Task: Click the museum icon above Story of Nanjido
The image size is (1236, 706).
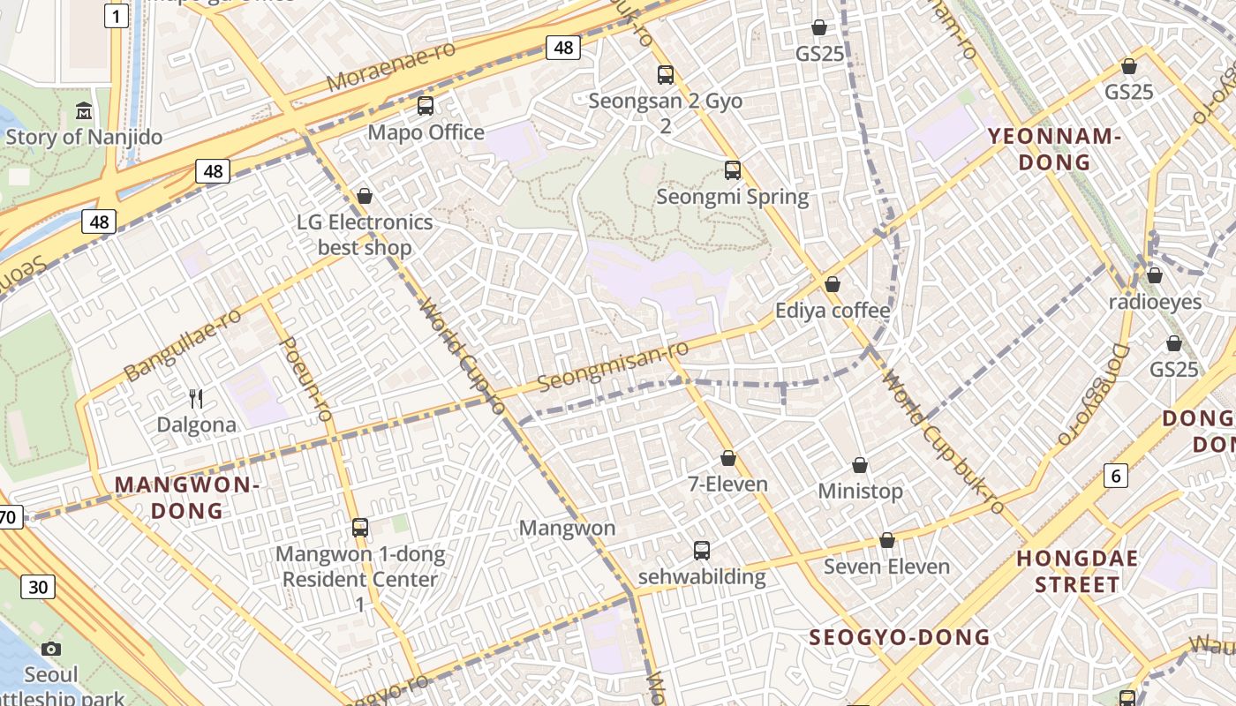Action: [x=84, y=110]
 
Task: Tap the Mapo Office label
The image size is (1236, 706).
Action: [x=426, y=132]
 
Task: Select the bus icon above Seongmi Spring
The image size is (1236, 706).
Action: [x=732, y=170]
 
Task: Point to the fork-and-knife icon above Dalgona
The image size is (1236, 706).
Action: [x=196, y=399]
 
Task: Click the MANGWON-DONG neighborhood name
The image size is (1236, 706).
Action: [x=186, y=498]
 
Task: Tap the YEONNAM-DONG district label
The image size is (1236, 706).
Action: [x=1054, y=149]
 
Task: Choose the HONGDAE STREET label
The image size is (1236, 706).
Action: [x=1077, y=571]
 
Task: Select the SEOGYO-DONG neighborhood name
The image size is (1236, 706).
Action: [x=900, y=637]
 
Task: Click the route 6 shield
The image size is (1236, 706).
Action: [x=1116, y=476]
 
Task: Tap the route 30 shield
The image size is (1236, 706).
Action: [x=37, y=587]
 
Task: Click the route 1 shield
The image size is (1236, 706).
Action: [x=116, y=15]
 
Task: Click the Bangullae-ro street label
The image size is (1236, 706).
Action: [x=183, y=344]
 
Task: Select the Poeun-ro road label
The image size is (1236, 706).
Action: [x=305, y=377]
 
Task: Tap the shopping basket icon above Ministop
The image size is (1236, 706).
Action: [x=860, y=465]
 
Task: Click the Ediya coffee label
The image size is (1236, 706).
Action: [x=833, y=311]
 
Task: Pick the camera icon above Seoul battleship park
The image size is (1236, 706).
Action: [x=51, y=650]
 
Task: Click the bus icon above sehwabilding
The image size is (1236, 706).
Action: [x=701, y=551]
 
